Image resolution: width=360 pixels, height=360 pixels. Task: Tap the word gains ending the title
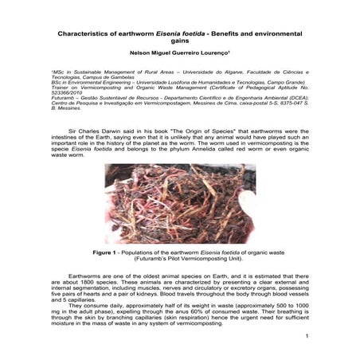point(179,45)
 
